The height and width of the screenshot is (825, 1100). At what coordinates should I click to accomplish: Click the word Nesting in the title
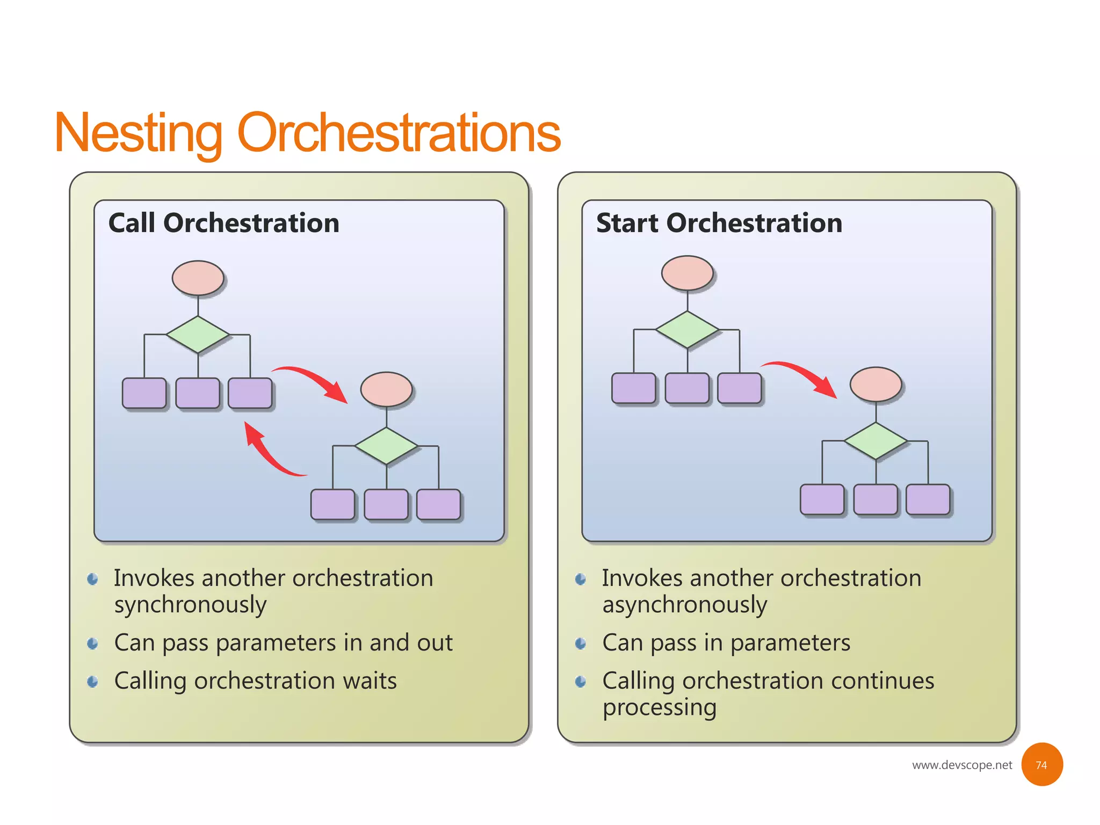pos(139,133)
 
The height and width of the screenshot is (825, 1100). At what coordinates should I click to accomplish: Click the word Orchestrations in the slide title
pos(398,133)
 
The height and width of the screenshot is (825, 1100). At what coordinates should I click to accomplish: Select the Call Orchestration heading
pos(223,223)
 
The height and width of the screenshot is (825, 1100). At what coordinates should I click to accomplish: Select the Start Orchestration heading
pos(719,223)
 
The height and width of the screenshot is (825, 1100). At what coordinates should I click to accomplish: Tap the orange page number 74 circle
pos(1041,764)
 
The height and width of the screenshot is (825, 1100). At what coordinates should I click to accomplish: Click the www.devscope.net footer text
pos(961,765)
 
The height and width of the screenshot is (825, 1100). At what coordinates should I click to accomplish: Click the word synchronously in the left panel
pos(190,605)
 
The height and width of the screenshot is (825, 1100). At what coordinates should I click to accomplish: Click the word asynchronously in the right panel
pos(684,605)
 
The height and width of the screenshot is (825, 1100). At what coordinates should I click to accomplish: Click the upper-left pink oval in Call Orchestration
pos(198,278)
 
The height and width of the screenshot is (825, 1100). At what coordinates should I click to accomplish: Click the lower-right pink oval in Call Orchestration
pos(386,389)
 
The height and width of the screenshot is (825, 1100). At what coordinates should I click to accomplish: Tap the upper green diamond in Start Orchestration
pos(687,330)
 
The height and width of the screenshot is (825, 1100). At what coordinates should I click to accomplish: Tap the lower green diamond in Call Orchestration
pos(386,446)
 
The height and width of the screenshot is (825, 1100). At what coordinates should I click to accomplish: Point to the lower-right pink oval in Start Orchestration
pos(875,384)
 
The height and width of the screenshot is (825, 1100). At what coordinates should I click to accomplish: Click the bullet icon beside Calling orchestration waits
pos(92,682)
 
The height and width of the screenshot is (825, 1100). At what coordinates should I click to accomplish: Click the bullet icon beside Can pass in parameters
pos(580,643)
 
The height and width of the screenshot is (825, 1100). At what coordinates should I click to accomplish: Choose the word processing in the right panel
pos(659,708)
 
